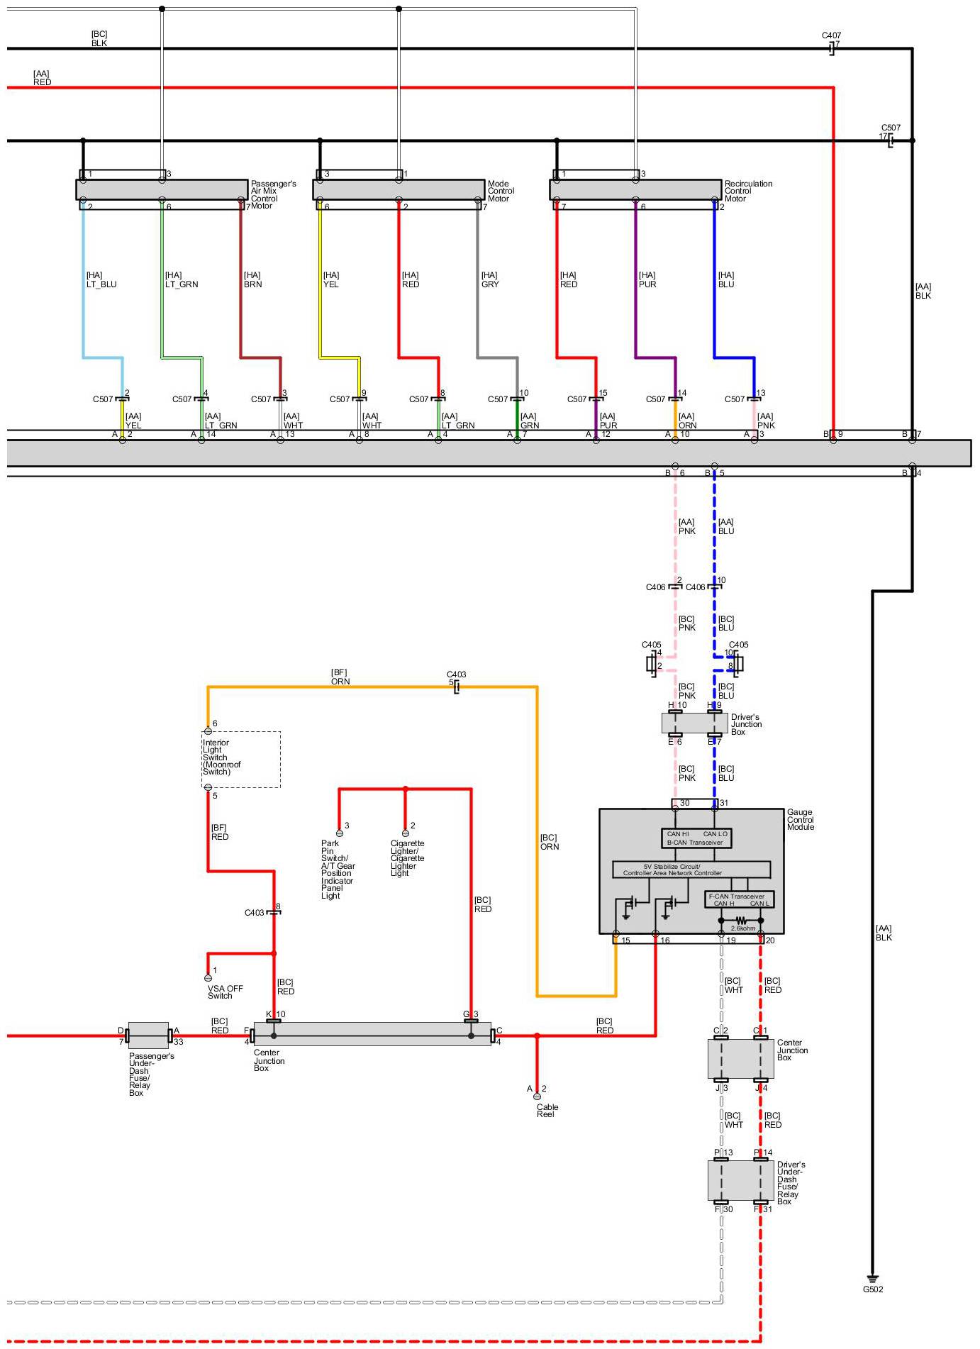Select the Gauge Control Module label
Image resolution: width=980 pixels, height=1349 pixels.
point(800,819)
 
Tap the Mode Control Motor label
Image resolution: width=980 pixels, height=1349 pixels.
point(501,191)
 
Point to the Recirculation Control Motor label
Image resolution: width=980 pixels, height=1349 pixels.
point(747,191)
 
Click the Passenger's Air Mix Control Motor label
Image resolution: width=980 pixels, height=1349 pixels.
point(273,194)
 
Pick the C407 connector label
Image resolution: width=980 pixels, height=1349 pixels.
point(831,35)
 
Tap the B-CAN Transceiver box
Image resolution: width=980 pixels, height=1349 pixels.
point(696,838)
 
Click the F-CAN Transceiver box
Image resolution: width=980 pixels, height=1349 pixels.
point(739,899)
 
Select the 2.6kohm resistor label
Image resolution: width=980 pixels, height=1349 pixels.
point(742,928)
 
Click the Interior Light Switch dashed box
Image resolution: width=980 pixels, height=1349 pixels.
point(241,759)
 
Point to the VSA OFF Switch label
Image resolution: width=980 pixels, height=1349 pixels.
point(225,992)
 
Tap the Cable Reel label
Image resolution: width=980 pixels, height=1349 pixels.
point(547,1110)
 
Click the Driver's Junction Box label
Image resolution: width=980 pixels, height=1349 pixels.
point(746,724)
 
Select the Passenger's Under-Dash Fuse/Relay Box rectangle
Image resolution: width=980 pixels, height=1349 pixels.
point(148,1036)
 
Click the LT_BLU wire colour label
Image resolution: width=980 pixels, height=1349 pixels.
point(101,284)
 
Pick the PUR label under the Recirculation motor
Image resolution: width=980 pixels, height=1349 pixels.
point(647,284)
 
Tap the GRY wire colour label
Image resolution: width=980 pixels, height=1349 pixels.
point(489,284)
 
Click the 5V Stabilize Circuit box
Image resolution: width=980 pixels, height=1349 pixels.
point(691,870)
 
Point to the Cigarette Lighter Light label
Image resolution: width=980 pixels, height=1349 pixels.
point(407,858)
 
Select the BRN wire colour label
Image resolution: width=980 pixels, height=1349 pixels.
point(252,284)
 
